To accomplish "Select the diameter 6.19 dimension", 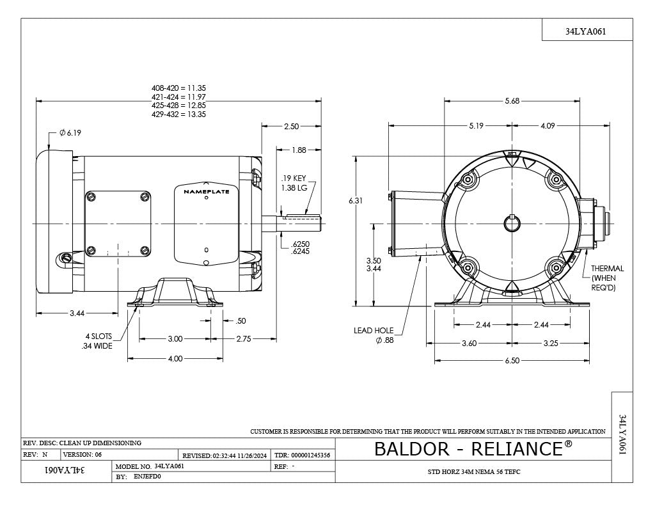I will pos(70,133).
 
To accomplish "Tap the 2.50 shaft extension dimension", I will pos(291,127).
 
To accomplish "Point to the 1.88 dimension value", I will pos(298,150).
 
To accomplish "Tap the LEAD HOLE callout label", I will pos(374,331).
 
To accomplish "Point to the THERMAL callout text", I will pos(607,269).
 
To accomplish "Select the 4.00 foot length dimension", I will pos(175,359).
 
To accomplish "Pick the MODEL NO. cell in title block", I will pos(133,467).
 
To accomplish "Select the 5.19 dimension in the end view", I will pos(476,126).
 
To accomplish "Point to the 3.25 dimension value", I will pos(551,343).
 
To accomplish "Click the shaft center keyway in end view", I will pos(512,224).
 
